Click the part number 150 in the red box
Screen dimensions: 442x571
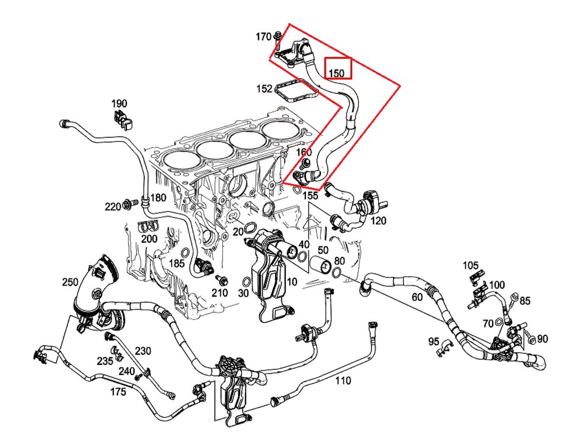point(337,73)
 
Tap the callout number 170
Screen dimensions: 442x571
point(264,37)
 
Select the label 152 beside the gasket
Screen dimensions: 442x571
point(264,89)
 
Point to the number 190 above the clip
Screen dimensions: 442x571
point(119,104)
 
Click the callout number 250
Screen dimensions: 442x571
point(70,282)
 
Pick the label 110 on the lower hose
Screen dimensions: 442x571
point(343,380)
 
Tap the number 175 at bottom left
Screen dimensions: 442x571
point(118,392)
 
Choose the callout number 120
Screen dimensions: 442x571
point(378,221)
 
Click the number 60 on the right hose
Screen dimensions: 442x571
point(417,297)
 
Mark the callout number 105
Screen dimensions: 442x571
point(470,265)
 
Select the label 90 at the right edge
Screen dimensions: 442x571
point(543,339)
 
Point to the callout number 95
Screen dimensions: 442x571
point(433,342)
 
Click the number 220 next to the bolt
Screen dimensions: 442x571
point(113,206)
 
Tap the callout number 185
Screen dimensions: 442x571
point(177,263)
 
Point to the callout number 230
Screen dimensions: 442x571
point(143,351)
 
